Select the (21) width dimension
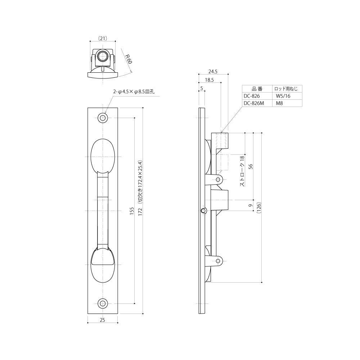coord(103,39)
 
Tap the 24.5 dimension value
coord(213,71)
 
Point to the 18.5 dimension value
coord(209,80)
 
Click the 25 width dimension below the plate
coord(102,320)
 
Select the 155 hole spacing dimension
coord(131,211)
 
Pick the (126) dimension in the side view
coord(259,208)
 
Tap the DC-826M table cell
coord(254,103)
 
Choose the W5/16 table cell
coord(283,96)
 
